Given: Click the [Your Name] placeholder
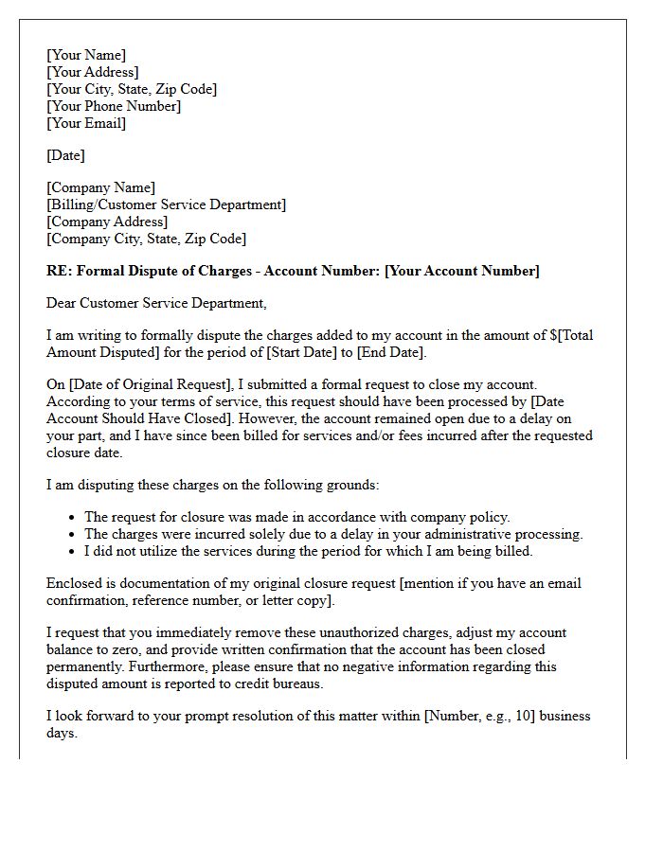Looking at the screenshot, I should click(x=86, y=56).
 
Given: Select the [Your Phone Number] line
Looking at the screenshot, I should click(x=114, y=106).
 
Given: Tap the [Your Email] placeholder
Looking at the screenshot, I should click(x=86, y=123).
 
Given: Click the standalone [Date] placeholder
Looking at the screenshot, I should click(x=65, y=155).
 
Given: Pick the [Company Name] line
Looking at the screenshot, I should click(x=101, y=187).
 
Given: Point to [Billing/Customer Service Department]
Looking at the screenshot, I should click(x=166, y=204).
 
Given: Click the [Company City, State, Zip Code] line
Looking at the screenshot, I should click(x=146, y=239).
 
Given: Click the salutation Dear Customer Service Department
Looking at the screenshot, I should click(x=156, y=303).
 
